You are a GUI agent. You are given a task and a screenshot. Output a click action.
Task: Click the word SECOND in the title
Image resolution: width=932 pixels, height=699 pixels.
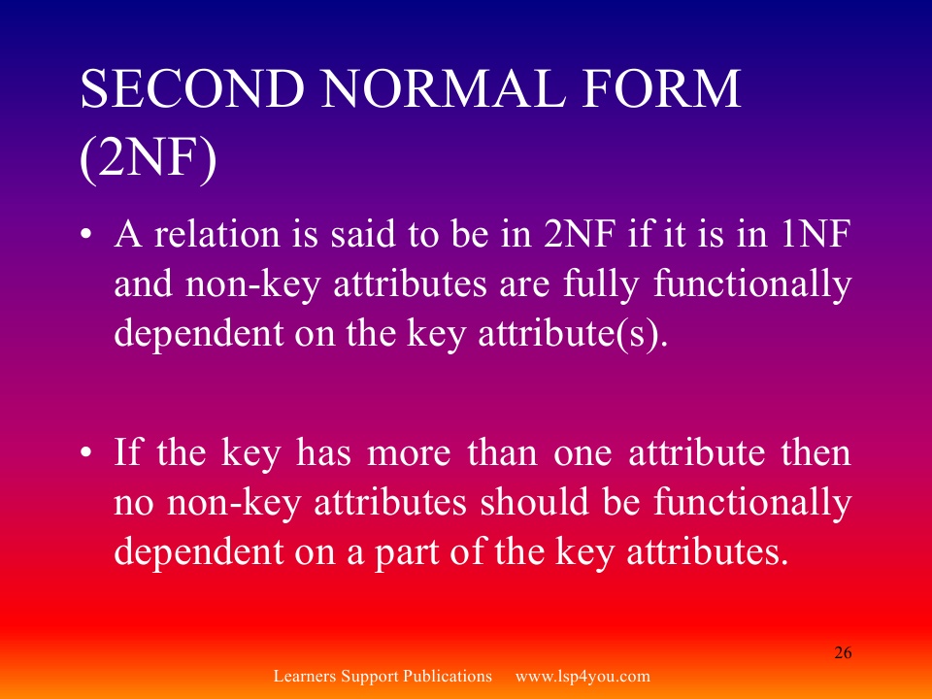tap(192, 88)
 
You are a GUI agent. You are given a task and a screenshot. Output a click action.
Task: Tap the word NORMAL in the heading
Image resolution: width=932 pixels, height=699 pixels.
tap(444, 88)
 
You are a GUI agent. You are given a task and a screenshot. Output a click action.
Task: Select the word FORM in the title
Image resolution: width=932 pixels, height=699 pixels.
tap(661, 88)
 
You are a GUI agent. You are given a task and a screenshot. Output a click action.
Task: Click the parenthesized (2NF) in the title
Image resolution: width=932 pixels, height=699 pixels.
tap(148, 158)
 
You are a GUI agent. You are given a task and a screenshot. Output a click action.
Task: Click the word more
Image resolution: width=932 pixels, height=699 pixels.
tap(409, 453)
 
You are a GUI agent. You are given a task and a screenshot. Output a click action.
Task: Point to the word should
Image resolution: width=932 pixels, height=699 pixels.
tap(534, 502)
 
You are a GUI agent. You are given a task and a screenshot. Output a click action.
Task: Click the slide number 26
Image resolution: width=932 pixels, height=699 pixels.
tap(843, 652)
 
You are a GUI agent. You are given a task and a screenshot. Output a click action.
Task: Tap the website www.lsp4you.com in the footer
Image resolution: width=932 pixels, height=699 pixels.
tap(582, 677)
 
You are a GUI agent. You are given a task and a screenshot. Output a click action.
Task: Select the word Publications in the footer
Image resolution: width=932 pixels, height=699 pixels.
tap(448, 677)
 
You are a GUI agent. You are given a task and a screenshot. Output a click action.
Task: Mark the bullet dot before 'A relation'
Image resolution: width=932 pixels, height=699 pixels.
tap(86, 234)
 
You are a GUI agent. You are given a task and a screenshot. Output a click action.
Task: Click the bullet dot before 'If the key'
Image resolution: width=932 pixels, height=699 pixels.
tap(86, 453)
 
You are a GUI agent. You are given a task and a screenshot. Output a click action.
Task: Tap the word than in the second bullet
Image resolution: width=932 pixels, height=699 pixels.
tap(502, 452)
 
